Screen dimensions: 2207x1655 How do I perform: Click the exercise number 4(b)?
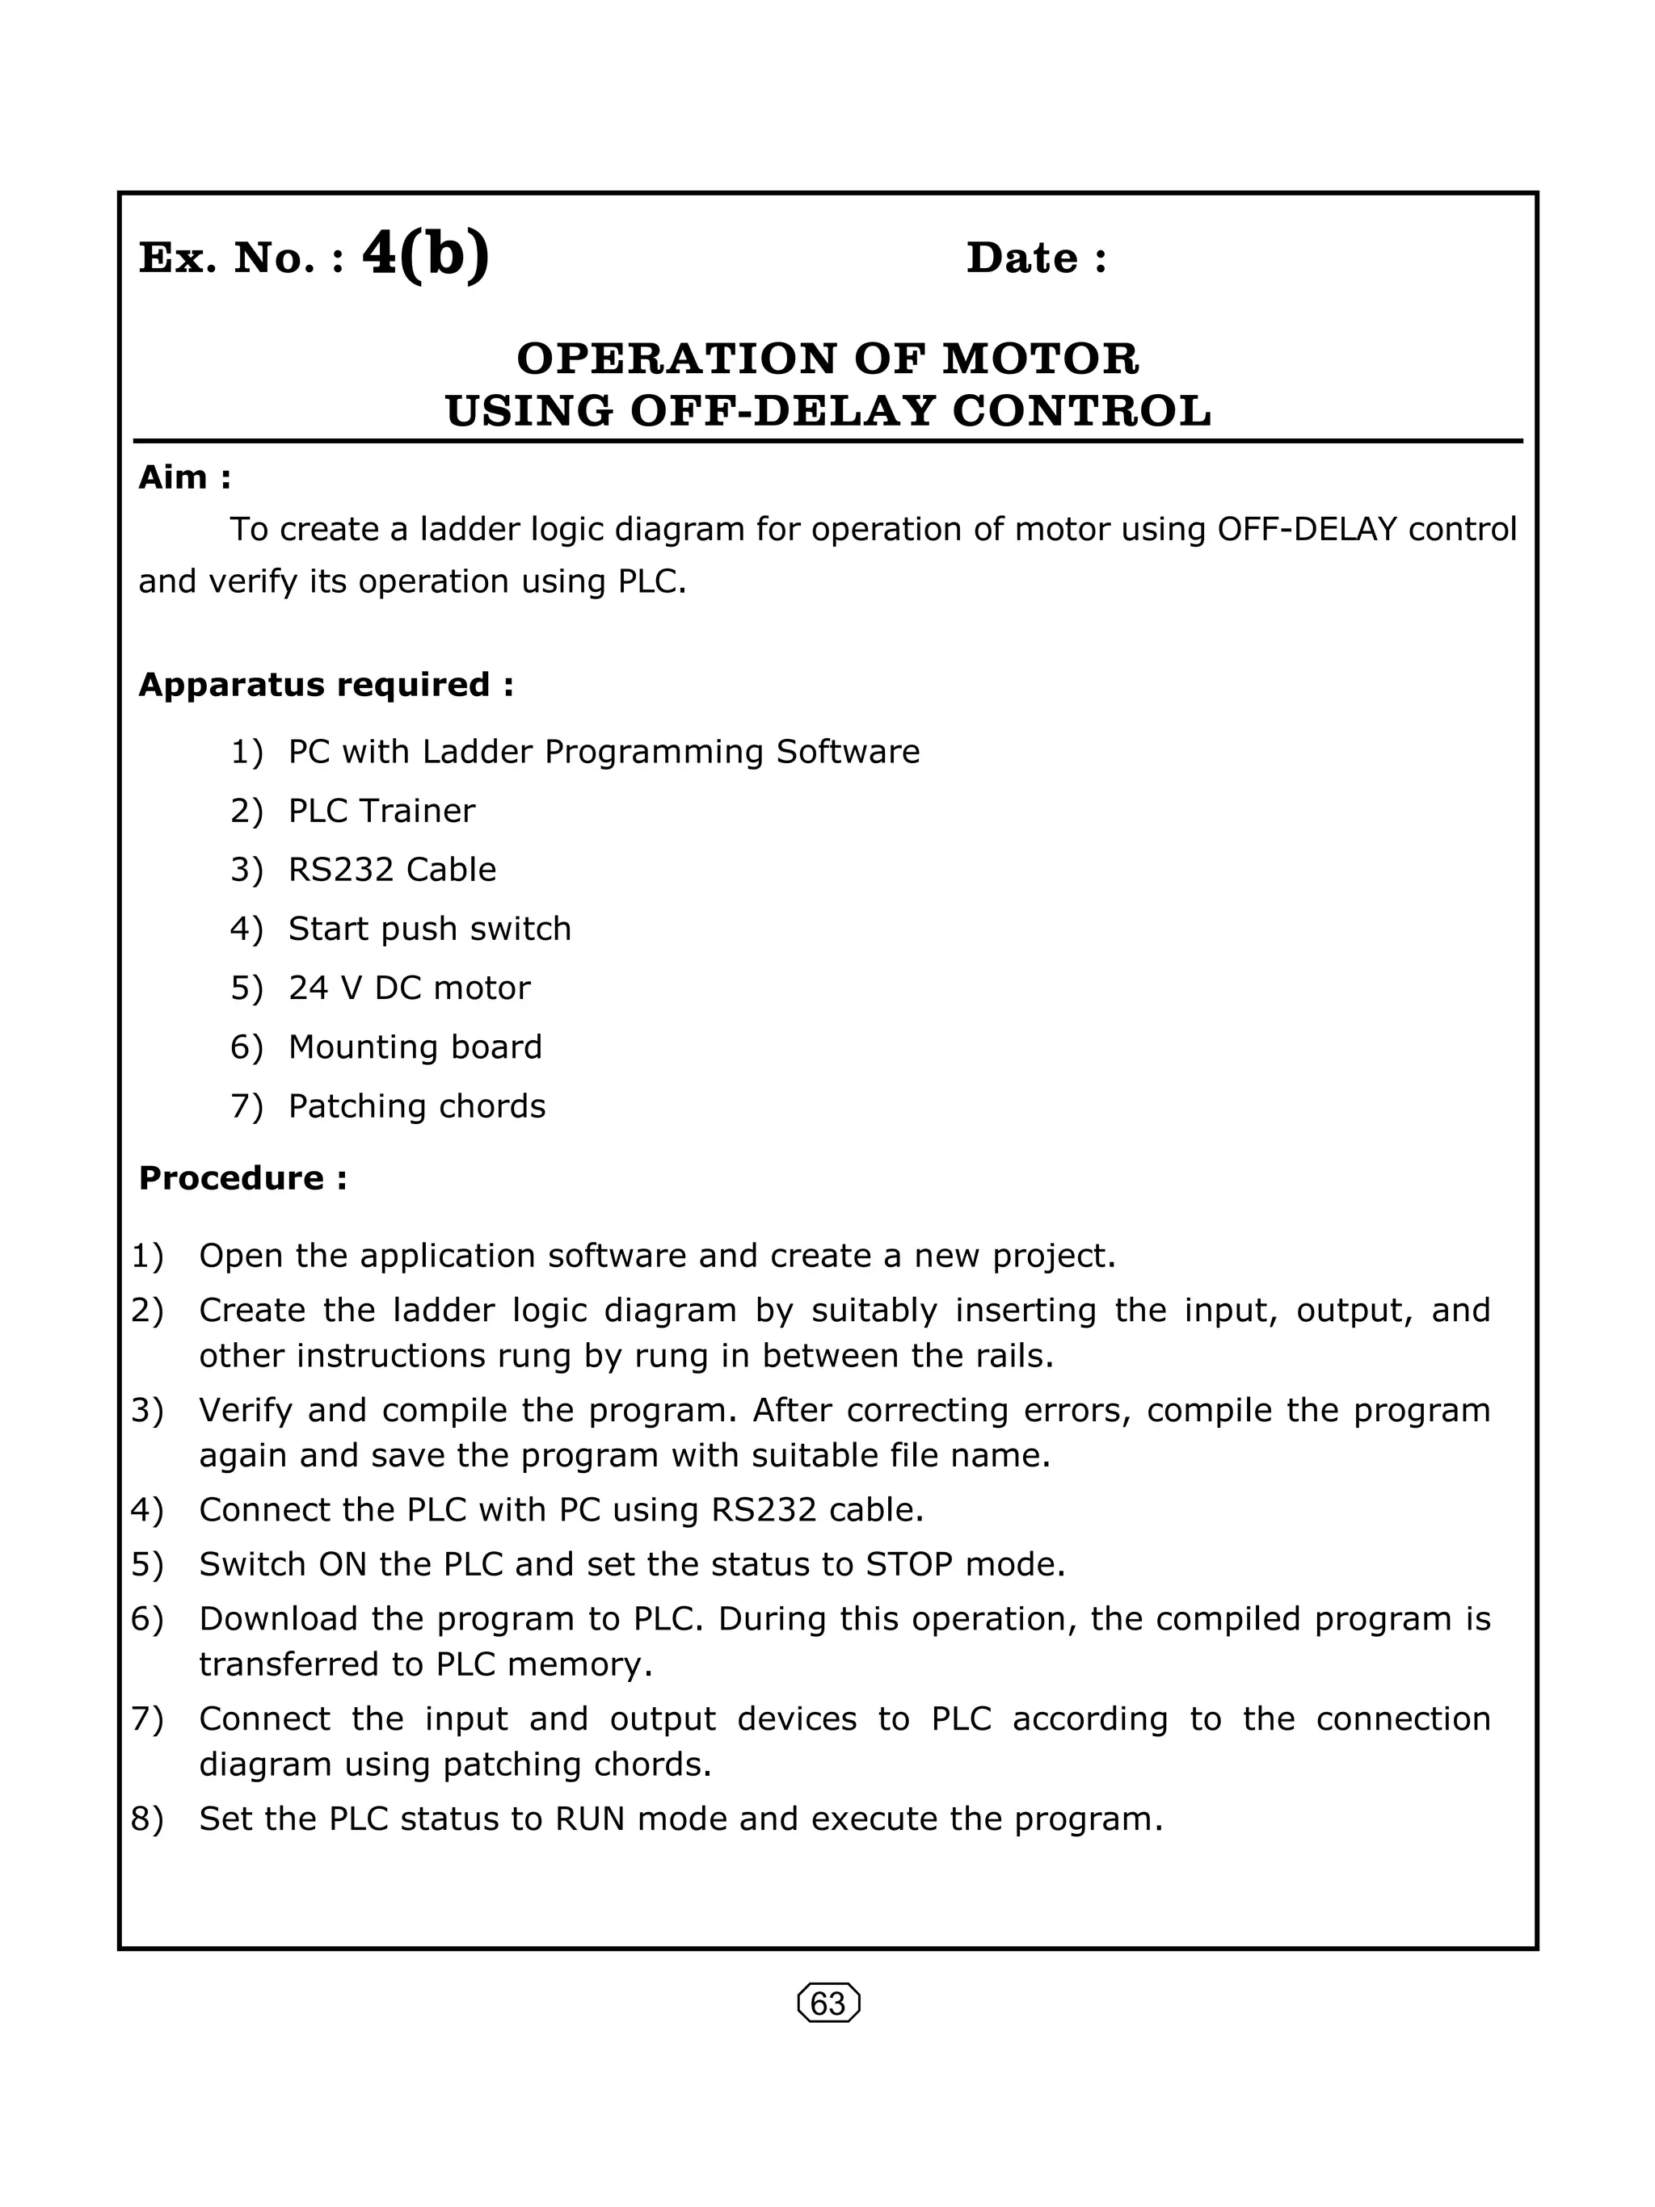click(x=425, y=255)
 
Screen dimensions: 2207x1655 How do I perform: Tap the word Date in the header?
click(x=1021, y=258)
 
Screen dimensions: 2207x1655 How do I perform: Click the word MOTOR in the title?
click(x=1040, y=359)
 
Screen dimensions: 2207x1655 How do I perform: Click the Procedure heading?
click(x=242, y=1177)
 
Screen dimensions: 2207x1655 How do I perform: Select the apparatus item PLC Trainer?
click(x=381, y=810)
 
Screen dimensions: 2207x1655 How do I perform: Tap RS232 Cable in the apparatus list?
click(x=392, y=869)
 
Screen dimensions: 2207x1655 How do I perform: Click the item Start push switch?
click(x=429, y=928)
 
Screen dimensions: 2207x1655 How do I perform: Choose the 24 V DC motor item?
click(x=409, y=988)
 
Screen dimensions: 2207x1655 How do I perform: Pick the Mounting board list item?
click(x=415, y=1047)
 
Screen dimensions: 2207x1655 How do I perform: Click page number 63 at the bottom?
click(x=828, y=2004)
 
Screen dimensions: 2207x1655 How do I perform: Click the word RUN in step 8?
click(x=590, y=1819)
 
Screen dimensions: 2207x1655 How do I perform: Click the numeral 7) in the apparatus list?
click(x=246, y=1106)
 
